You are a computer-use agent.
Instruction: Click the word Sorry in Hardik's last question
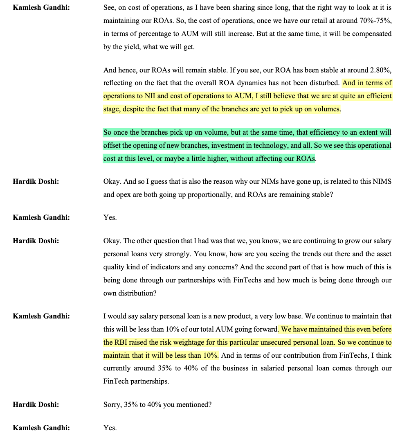tap(112, 404)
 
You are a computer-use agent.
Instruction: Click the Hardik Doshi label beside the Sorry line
tap(36, 404)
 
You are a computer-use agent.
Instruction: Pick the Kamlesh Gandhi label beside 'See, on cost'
tap(41, 7)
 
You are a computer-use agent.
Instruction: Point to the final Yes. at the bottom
tap(110, 428)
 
